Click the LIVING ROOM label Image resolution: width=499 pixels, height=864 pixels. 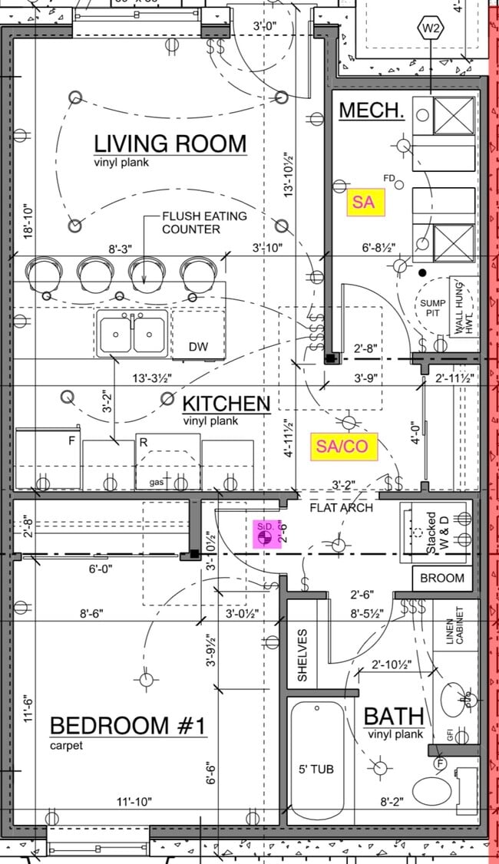click(170, 143)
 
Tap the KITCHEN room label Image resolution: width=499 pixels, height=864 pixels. click(226, 404)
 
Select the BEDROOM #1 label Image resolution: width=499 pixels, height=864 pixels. click(128, 725)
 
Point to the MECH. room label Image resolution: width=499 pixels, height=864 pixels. click(372, 110)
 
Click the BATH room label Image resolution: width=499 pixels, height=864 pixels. click(393, 717)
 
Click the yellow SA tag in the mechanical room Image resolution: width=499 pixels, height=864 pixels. click(363, 203)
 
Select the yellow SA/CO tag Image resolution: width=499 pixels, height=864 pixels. click(344, 447)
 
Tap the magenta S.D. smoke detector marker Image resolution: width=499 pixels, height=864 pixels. click(265, 534)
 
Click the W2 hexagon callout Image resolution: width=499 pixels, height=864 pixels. click(431, 29)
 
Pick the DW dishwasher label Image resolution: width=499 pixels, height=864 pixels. click(198, 348)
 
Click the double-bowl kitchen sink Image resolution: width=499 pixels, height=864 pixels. click(132, 335)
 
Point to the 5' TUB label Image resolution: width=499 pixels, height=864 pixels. click(316, 769)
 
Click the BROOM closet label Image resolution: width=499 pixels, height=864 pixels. click(442, 578)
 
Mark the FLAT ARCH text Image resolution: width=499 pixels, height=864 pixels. click(341, 507)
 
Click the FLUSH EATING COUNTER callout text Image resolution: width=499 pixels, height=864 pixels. click(203, 223)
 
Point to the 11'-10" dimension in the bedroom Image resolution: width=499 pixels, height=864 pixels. click(134, 801)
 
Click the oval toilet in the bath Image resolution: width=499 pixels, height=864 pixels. click(431, 791)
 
